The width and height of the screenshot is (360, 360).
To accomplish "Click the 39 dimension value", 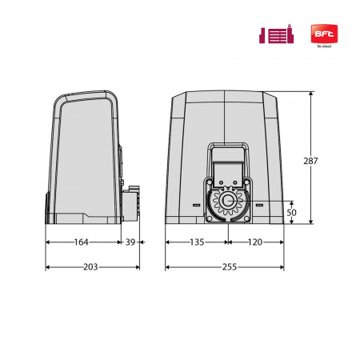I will pyautogui.click(x=130, y=241).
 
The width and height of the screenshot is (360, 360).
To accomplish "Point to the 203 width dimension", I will pyautogui.click(x=90, y=266).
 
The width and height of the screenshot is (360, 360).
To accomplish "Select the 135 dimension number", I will pyautogui.click(x=197, y=241).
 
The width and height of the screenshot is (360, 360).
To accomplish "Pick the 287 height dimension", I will pyautogui.click(x=311, y=161).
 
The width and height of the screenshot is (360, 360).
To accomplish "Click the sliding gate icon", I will pyautogui.click(x=275, y=34).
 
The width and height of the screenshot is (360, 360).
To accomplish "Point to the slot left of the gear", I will pyautogui.click(x=196, y=205).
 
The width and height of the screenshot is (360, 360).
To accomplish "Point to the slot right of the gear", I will pyautogui.click(x=260, y=205).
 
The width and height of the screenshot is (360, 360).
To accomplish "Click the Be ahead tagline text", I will pyautogui.click(x=323, y=46).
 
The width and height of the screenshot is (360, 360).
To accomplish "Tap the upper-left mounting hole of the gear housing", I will pyautogui.click(x=211, y=183).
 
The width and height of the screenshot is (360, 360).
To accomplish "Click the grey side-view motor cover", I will pyautogui.click(x=83, y=156).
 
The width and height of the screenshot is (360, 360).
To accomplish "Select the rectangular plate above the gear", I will pyautogui.click(x=228, y=167).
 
